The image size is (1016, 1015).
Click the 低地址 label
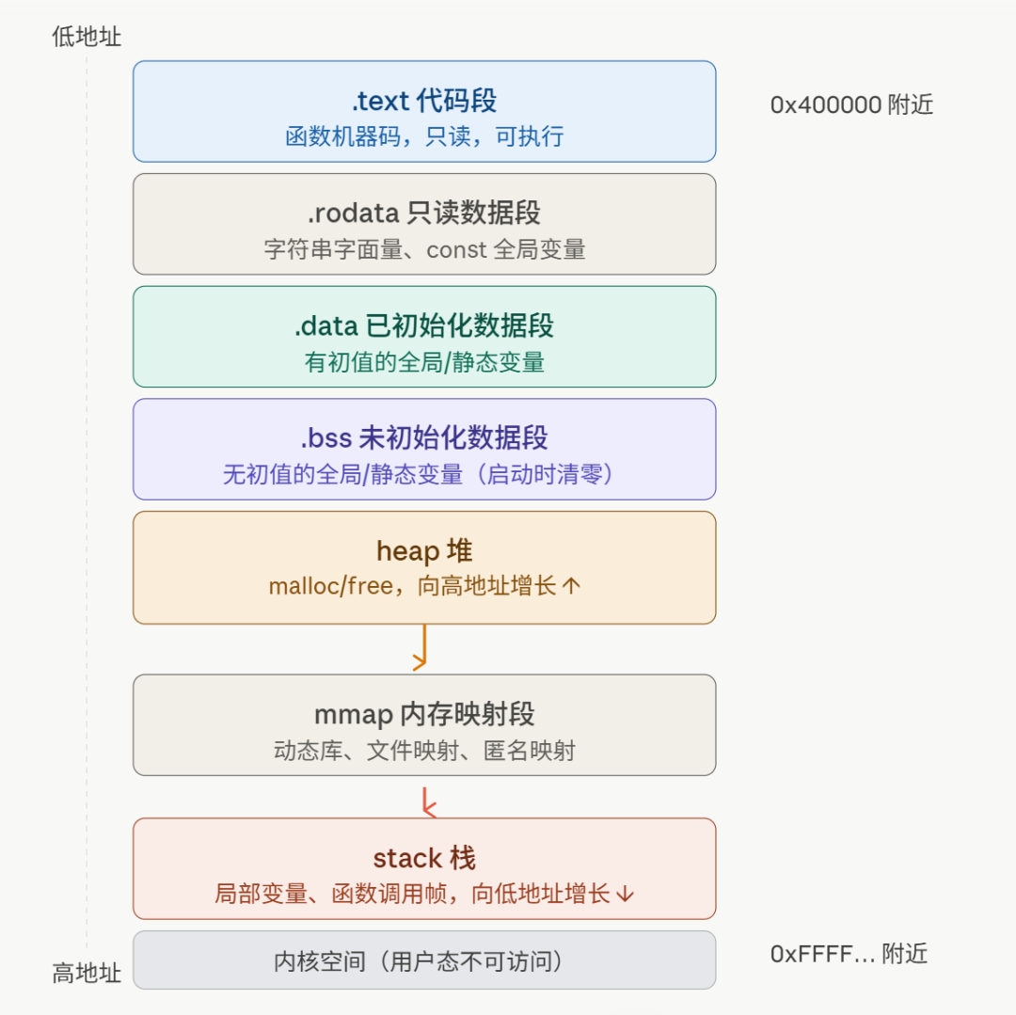[x=87, y=37]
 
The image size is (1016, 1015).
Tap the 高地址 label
[x=87, y=973]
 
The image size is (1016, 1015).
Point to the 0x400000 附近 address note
[x=851, y=104]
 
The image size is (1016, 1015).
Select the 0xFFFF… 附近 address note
[x=849, y=954]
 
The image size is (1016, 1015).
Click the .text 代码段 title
[x=424, y=101]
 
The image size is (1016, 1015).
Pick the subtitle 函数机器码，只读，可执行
[x=424, y=136]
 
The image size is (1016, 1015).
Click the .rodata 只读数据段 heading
[x=424, y=214]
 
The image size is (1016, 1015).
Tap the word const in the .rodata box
[x=456, y=249]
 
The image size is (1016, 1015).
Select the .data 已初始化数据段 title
[x=424, y=325]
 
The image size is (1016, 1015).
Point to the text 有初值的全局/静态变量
[x=424, y=362]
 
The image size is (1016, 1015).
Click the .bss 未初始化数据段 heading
[x=424, y=437]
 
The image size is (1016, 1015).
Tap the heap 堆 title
[x=424, y=551]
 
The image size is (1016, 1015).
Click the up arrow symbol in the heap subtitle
[x=571, y=586]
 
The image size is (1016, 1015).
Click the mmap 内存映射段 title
[x=424, y=715]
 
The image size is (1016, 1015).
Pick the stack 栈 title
[x=424, y=858]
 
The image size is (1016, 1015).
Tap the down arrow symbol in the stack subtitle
[x=626, y=894]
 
